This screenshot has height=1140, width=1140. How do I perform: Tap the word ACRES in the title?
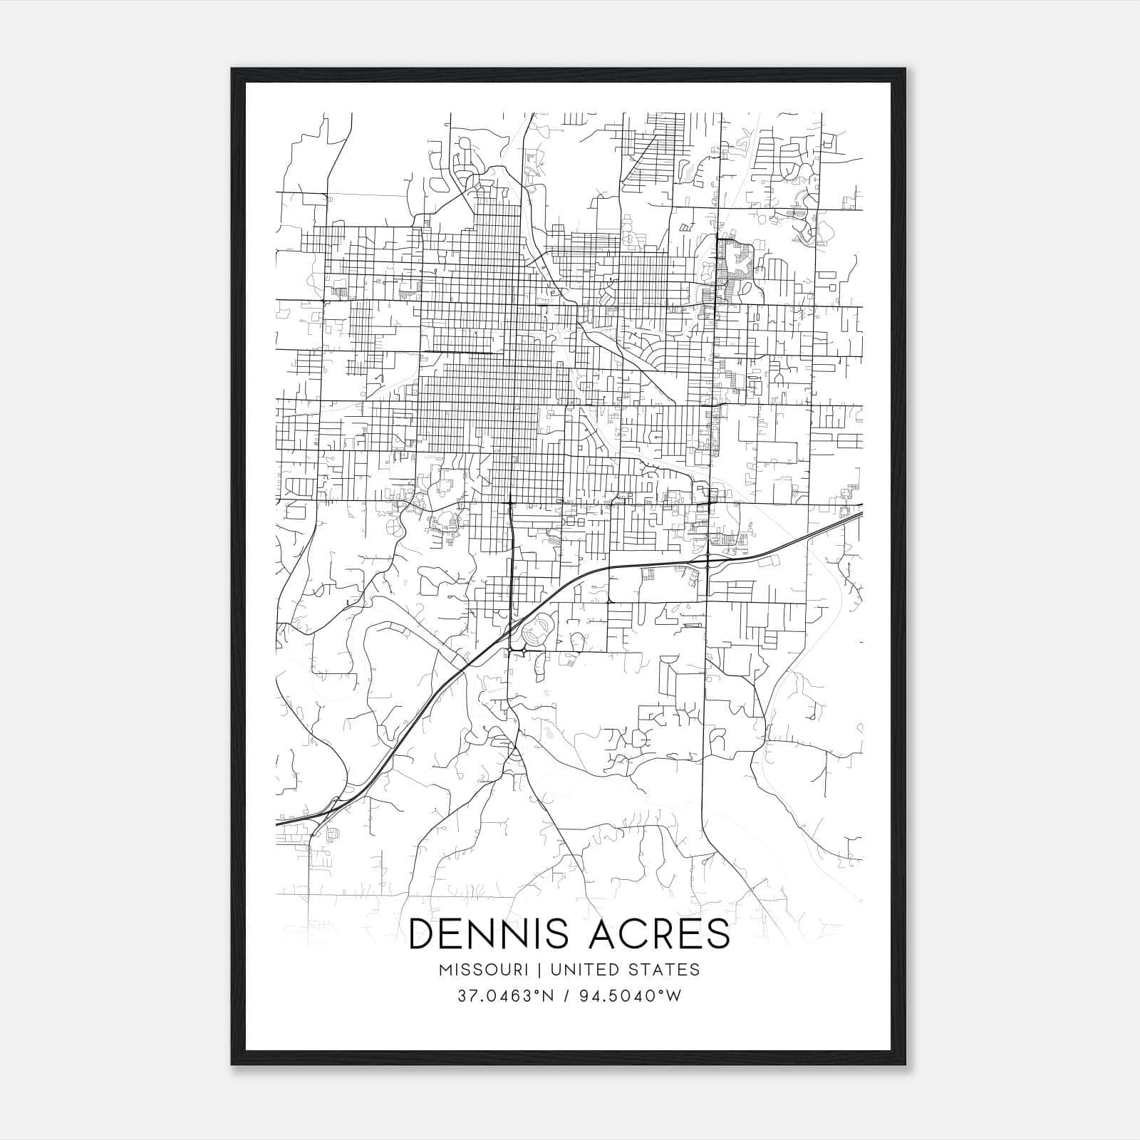pyautogui.click(x=658, y=933)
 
